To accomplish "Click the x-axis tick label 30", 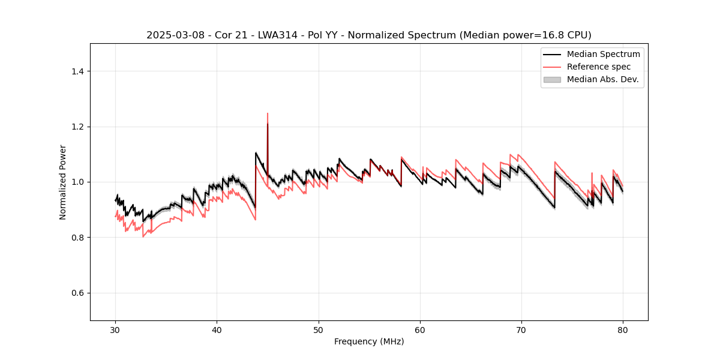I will pyautogui.click(x=115, y=329).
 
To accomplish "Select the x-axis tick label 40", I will pyautogui.click(x=217, y=329).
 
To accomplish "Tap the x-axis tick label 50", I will pyautogui.click(x=319, y=329).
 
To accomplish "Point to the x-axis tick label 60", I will pyautogui.click(x=420, y=329).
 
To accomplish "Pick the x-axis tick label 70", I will pyautogui.click(x=521, y=329).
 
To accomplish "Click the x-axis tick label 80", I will pyautogui.click(x=623, y=329).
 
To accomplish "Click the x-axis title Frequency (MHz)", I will pyautogui.click(x=369, y=341).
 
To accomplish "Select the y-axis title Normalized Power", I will pyautogui.click(x=63, y=182).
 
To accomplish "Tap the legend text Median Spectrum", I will pyautogui.click(x=603, y=54).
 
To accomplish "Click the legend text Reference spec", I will pyautogui.click(x=598, y=67).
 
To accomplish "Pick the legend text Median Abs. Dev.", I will pyautogui.click(x=602, y=79).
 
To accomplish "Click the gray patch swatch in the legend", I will pyautogui.click(x=552, y=79).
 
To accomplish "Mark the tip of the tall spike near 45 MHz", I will pyautogui.click(x=268, y=113).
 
